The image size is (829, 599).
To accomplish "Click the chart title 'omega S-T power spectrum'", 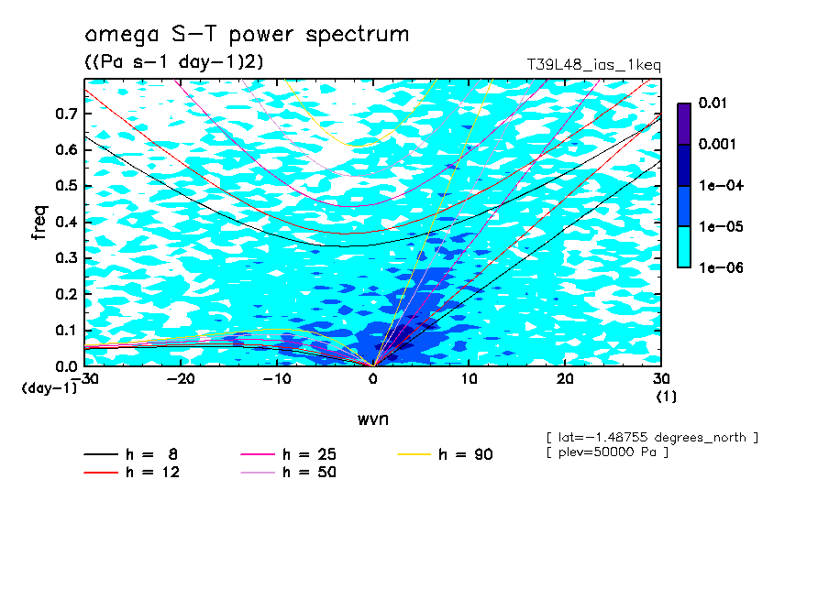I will click(247, 35).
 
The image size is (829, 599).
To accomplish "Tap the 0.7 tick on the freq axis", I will click(65, 114).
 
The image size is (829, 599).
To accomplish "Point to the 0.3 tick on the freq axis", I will click(65, 258).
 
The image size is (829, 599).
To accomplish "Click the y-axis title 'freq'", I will click(39, 223).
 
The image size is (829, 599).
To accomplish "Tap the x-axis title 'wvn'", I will click(372, 419).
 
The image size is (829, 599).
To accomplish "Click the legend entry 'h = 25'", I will click(308, 453).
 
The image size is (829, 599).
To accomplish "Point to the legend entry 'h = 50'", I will click(308, 473).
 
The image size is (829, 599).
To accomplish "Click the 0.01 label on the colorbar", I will click(713, 103).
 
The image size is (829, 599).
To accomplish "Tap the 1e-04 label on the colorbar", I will click(717, 185).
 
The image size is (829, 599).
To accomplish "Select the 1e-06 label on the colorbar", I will click(717, 267).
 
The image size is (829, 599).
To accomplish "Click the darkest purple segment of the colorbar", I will click(684, 124).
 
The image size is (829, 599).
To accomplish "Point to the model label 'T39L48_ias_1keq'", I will click(593, 66).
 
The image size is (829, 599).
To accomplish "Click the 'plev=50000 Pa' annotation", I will click(606, 452).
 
